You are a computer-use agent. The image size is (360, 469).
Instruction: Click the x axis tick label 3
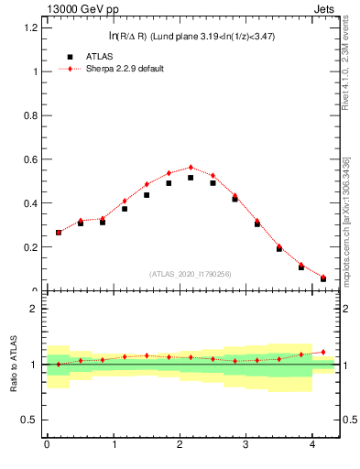[246, 445]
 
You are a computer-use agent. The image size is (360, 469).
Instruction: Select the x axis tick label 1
[114, 445]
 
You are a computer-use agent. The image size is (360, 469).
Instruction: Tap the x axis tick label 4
[313, 445]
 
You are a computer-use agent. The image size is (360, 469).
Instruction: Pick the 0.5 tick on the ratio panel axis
[29, 420]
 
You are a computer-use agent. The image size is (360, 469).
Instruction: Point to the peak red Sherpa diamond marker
[191, 168]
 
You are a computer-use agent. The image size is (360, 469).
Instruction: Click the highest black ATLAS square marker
[191, 178]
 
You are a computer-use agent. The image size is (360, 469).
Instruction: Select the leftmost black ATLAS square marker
[58, 233]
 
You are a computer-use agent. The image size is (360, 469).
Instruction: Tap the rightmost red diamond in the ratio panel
[323, 352]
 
